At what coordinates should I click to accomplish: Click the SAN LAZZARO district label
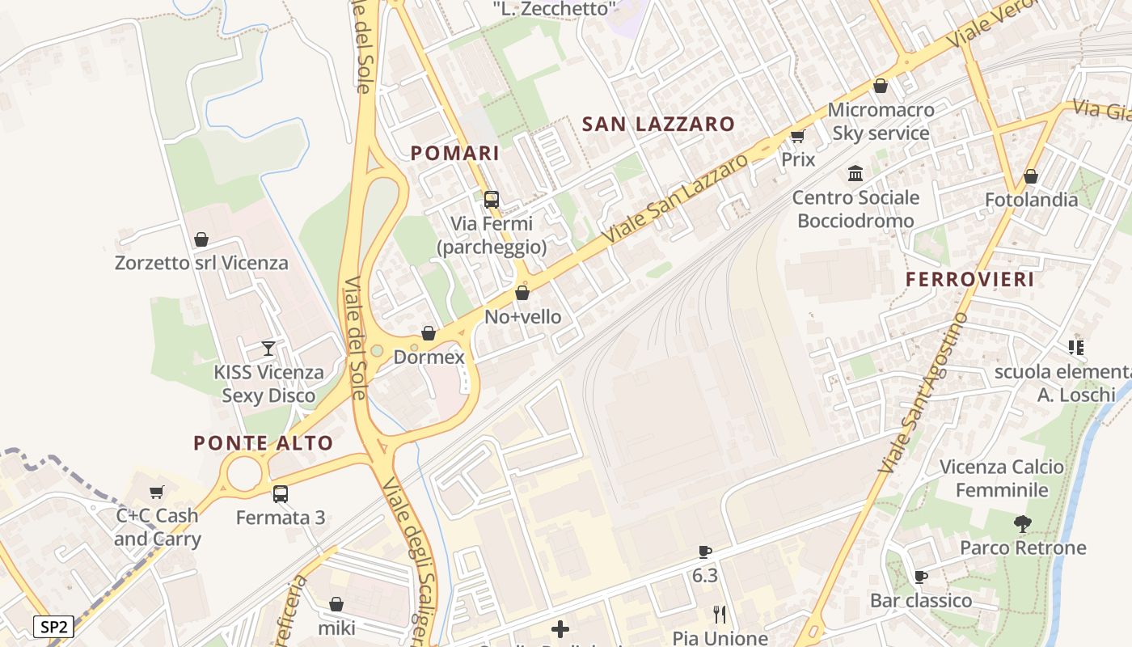658,124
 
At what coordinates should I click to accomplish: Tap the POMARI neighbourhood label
455,153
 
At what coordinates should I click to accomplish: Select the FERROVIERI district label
970,280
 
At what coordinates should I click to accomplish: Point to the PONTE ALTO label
264,443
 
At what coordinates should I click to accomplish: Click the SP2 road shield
54,626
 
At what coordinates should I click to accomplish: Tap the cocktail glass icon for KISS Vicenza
268,349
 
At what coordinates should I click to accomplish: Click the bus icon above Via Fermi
492,199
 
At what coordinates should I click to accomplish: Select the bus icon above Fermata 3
281,493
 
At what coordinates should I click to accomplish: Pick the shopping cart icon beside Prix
798,136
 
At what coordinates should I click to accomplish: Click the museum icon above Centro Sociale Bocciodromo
855,173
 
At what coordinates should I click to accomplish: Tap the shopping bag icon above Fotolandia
1031,176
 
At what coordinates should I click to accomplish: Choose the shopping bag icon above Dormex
429,333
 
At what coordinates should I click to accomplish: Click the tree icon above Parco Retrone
1023,524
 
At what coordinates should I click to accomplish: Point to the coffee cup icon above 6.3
705,552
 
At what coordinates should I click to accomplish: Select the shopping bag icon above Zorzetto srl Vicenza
201,239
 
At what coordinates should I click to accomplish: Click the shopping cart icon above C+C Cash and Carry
157,492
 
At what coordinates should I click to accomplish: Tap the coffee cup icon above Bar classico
920,577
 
